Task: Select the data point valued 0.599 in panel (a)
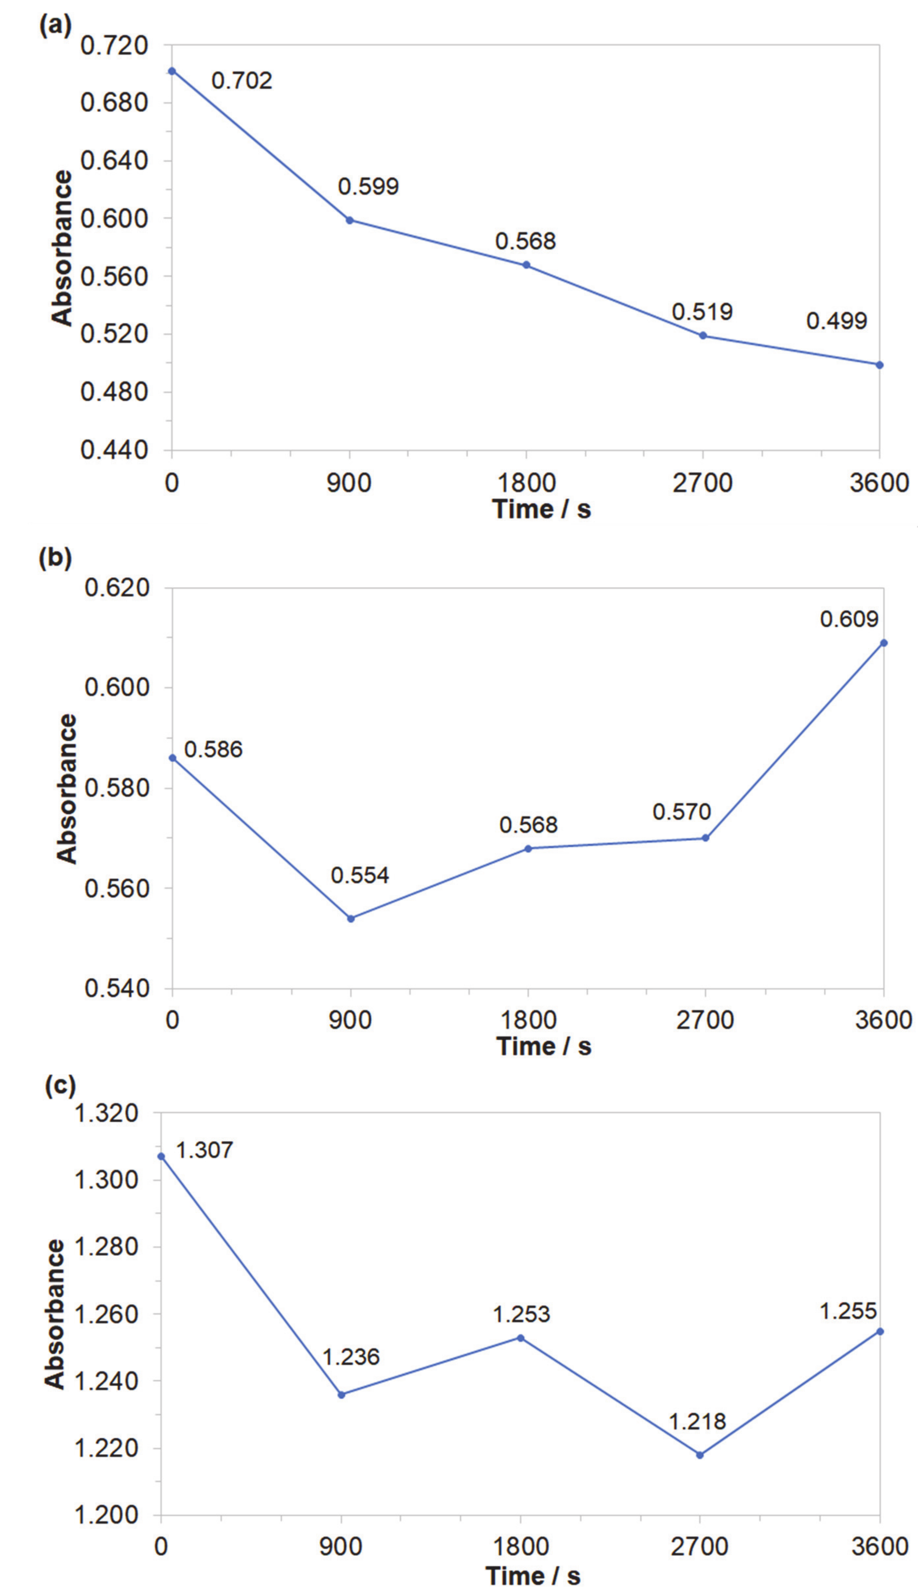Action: click(349, 220)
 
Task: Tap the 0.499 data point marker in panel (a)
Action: click(880, 364)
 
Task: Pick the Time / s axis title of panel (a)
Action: click(541, 509)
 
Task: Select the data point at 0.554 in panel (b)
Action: click(351, 918)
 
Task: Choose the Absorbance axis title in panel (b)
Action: click(66, 788)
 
